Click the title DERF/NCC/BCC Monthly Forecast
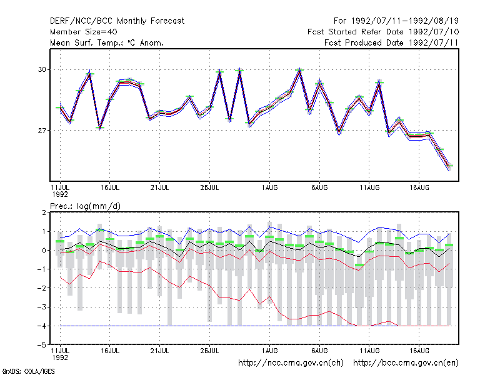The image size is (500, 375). click(117, 21)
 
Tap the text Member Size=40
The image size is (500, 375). click(84, 32)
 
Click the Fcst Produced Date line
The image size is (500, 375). click(391, 42)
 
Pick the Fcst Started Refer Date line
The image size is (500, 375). click(383, 32)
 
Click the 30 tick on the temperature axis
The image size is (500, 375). click(42, 69)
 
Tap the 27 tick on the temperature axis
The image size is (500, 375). click(42, 131)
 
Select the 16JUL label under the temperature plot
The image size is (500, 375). click(110, 187)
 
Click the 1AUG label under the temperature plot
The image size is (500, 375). click(270, 187)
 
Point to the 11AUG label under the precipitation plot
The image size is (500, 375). click(369, 351)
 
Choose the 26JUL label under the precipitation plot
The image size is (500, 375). click(209, 351)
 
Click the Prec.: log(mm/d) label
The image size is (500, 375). click(86, 206)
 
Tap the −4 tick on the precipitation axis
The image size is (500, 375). click(41, 326)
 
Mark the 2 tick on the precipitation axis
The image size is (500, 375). click(44, 212)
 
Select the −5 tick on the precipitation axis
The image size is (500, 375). click(41, 345)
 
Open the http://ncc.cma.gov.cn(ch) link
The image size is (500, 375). click(291, 363)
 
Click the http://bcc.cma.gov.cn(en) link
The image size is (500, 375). click(406, 363)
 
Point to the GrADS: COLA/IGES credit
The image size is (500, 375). click(29, 371)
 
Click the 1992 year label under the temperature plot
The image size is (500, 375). click(60, 194)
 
